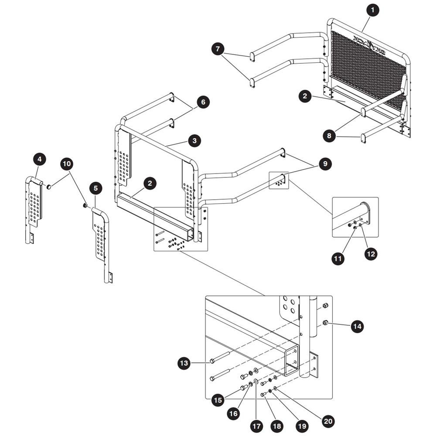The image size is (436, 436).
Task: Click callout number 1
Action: [x=373, y=10]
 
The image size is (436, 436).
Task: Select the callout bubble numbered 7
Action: [x=218, y=49]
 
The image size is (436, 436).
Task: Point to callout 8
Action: [x=329, y=136]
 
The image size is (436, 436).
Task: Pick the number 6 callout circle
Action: [x=203, y=102]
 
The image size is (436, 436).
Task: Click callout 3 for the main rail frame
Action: [x=194, y=141]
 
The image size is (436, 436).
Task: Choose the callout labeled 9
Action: [x=325, y=164]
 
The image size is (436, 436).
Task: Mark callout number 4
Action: [x=40, y=159]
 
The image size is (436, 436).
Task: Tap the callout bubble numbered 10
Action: [x=67, y=164]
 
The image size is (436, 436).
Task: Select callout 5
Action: [x=95, y=188]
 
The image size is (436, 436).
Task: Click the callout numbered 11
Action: [x=338, y=259]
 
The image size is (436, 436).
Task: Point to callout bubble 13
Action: [x=184, y=363]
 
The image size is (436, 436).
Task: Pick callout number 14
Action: [x=357, y=326]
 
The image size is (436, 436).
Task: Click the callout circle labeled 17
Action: [x=256, y=426]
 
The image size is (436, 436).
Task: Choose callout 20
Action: [x=328, y=422]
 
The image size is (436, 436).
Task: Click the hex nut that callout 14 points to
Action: [x=325, y=323]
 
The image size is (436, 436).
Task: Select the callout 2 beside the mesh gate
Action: [x=305, y=96]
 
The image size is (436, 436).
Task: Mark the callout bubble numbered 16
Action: [x=233, y=414]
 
